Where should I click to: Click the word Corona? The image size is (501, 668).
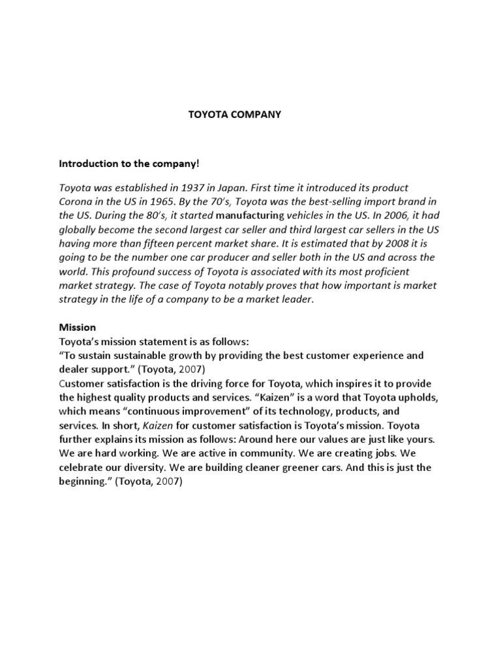tap(77, 202)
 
